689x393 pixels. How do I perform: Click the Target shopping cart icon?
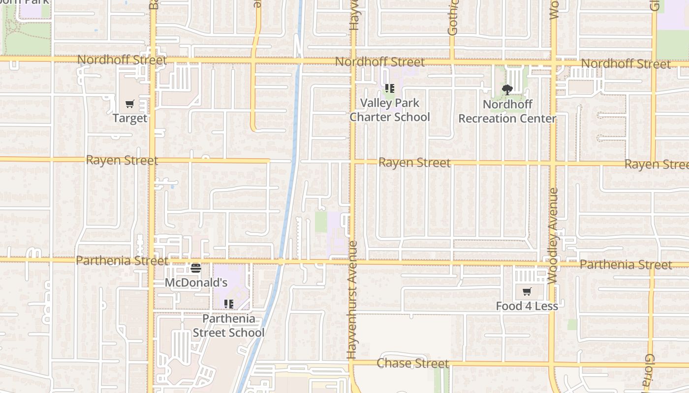tap(129, 104)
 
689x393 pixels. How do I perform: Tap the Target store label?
tap(130, 118)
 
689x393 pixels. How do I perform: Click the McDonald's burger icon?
tap(196, 268)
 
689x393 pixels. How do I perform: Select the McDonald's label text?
tap(196, 282)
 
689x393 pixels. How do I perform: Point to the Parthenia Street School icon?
tap(228, 304)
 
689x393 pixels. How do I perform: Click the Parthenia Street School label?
tap(228, 326)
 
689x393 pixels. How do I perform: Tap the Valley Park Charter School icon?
tap(390, 88)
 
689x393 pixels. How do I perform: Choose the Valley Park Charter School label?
tap(390, 110)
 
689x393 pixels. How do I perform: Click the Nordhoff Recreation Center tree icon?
tap(507, 90)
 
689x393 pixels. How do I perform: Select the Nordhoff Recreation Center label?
tap(507, 112)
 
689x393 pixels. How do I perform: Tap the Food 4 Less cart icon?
tap(527, 292)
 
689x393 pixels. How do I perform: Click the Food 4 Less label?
tap(527, 306)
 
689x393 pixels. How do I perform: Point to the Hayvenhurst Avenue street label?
tap(352, 300)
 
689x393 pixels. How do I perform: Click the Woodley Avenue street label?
tap(553, 236)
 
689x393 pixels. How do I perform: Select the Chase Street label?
tap(412, 364)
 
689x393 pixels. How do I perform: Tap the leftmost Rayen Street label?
tap(122, 160)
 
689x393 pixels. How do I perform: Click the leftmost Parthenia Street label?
tap(123, 260)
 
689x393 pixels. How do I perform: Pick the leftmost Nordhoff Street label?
tap(122, 60)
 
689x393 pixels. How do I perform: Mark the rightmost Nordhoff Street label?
tap(626, 64)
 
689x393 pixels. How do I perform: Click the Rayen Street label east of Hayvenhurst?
tap(414, 163)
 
